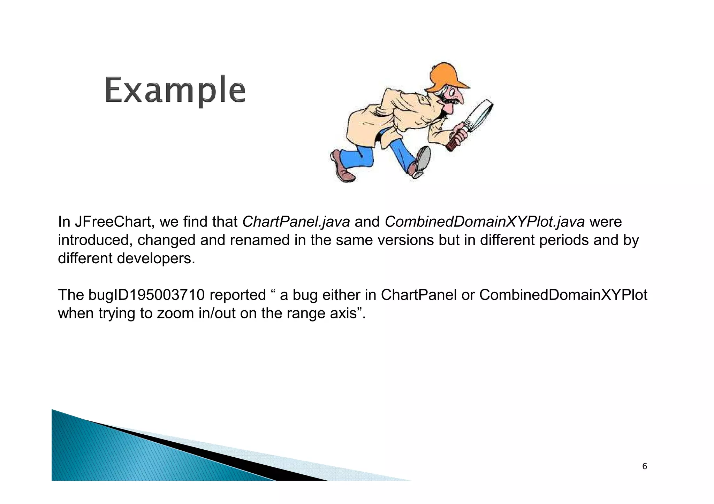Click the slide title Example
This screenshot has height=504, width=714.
tap(175, 90)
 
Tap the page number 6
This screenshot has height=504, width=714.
tap(644, 466)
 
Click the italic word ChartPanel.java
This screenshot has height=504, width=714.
tap(296, 222)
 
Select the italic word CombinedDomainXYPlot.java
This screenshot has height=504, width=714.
tap(484, 222)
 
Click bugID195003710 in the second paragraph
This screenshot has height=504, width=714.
tap(146, 295)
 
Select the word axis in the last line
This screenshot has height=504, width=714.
tap(343, 313)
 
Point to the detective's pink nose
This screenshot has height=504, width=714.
tap(459, 99)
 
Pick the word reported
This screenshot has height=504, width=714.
tap(238, 295)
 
